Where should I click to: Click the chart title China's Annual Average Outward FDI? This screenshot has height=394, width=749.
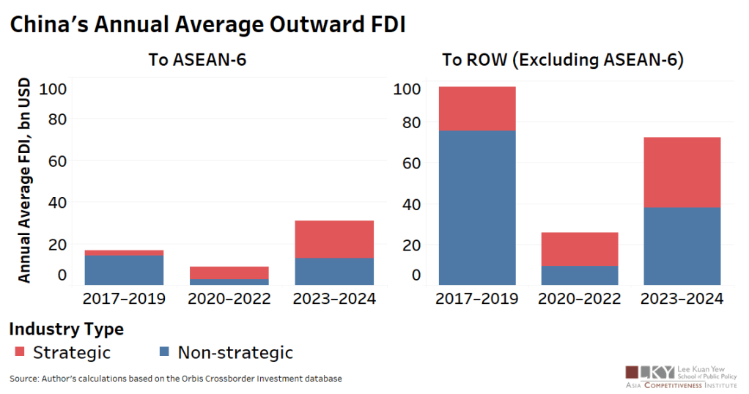coord(207,25)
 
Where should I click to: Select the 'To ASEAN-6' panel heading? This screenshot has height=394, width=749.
coord(197,60)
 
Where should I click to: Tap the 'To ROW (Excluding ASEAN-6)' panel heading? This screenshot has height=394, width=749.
coord(563,60)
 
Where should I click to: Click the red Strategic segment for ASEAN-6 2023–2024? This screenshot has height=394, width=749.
coord(333,239)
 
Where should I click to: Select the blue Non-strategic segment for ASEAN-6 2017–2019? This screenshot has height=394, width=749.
coord(124,270)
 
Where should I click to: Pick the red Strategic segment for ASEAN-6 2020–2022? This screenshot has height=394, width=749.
coord(229,272)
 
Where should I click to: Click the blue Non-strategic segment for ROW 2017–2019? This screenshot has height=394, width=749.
coord(476,207)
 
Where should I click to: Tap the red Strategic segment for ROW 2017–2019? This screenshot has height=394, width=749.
coord(476,108)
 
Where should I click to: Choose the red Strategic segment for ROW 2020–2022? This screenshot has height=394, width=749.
coord(580,249)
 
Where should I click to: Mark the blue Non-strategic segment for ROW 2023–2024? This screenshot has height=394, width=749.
coord(682,246)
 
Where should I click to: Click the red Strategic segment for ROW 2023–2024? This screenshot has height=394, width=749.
coord(682,172)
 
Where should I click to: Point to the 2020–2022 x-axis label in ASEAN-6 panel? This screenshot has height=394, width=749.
coord(229,299)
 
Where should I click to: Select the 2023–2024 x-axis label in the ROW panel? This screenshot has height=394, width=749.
coord(682,299)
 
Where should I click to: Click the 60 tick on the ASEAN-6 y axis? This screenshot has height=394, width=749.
coord(57,160)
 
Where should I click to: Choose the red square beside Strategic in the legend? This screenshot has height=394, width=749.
coord(20,353)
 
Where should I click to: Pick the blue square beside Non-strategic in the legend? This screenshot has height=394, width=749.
coord(164,353)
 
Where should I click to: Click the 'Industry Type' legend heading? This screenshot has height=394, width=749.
coord(66,329)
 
